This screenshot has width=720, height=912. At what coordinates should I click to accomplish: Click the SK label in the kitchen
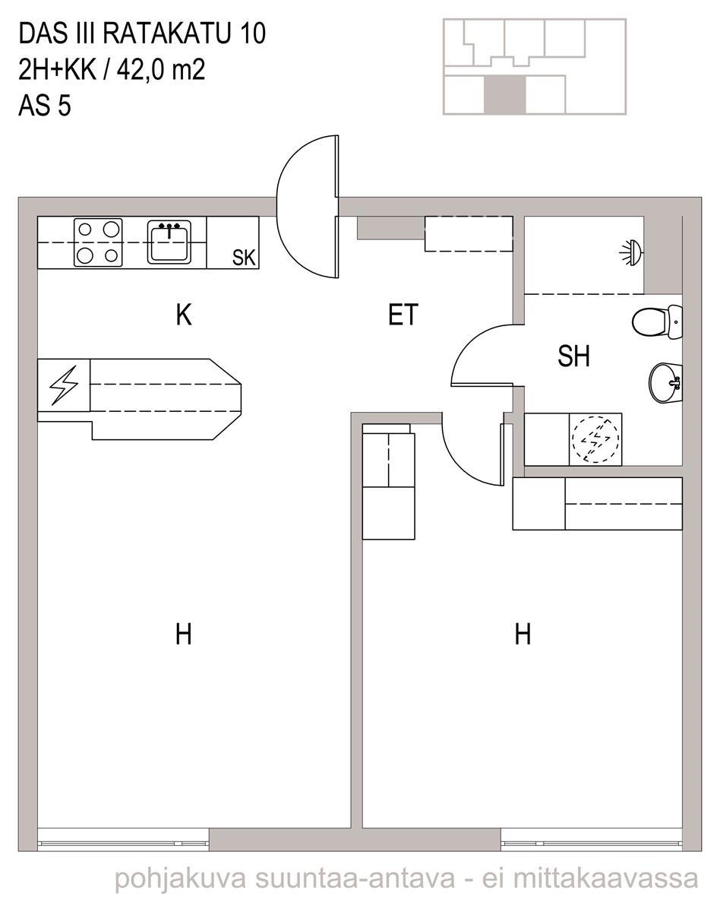tap(244, 258)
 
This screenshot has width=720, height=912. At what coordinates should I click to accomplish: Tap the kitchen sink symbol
tap(169, 242)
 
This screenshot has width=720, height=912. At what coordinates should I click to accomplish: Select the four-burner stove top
tap(98, 242)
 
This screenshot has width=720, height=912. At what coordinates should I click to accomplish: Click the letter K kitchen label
tap(184, 315)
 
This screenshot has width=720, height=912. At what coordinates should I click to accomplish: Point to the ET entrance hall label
tap(403, 315)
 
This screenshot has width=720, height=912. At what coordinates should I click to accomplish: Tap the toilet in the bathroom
tap(657, 322)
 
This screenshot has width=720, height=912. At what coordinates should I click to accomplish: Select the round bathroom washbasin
tap(666, 383)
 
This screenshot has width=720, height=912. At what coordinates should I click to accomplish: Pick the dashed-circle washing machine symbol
tap(595, 439)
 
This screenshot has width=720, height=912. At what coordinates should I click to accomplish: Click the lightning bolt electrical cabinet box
tap(64, 385)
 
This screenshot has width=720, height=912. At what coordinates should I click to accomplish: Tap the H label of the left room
tap(183, 634)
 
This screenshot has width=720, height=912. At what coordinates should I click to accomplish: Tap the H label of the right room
tap(523, 634)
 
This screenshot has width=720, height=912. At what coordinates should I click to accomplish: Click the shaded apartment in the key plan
tap(505, 94)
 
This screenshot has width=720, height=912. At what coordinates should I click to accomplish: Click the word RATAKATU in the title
tap(166, 34)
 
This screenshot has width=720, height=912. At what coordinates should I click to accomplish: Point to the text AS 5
tap(45, 106)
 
